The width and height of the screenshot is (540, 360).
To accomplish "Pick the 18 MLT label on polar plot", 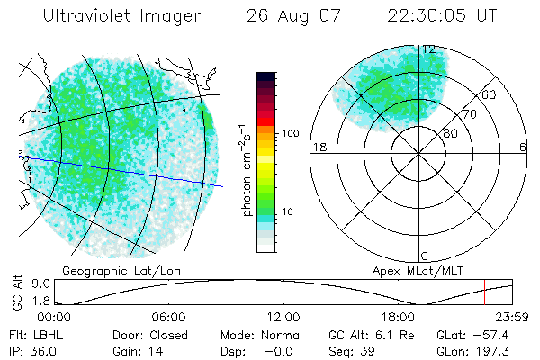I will (x=318, y=147).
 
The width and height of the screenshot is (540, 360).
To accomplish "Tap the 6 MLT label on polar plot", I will (x=523, y=147).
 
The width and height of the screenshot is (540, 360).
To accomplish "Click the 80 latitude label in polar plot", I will (x=450, y=133).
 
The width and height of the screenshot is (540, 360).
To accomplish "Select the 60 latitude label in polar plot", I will (x=489, y=94).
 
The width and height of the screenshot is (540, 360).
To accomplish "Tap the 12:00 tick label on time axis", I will (x=283, y=317).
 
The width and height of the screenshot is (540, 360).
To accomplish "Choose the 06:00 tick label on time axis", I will (x=168, y=317).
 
